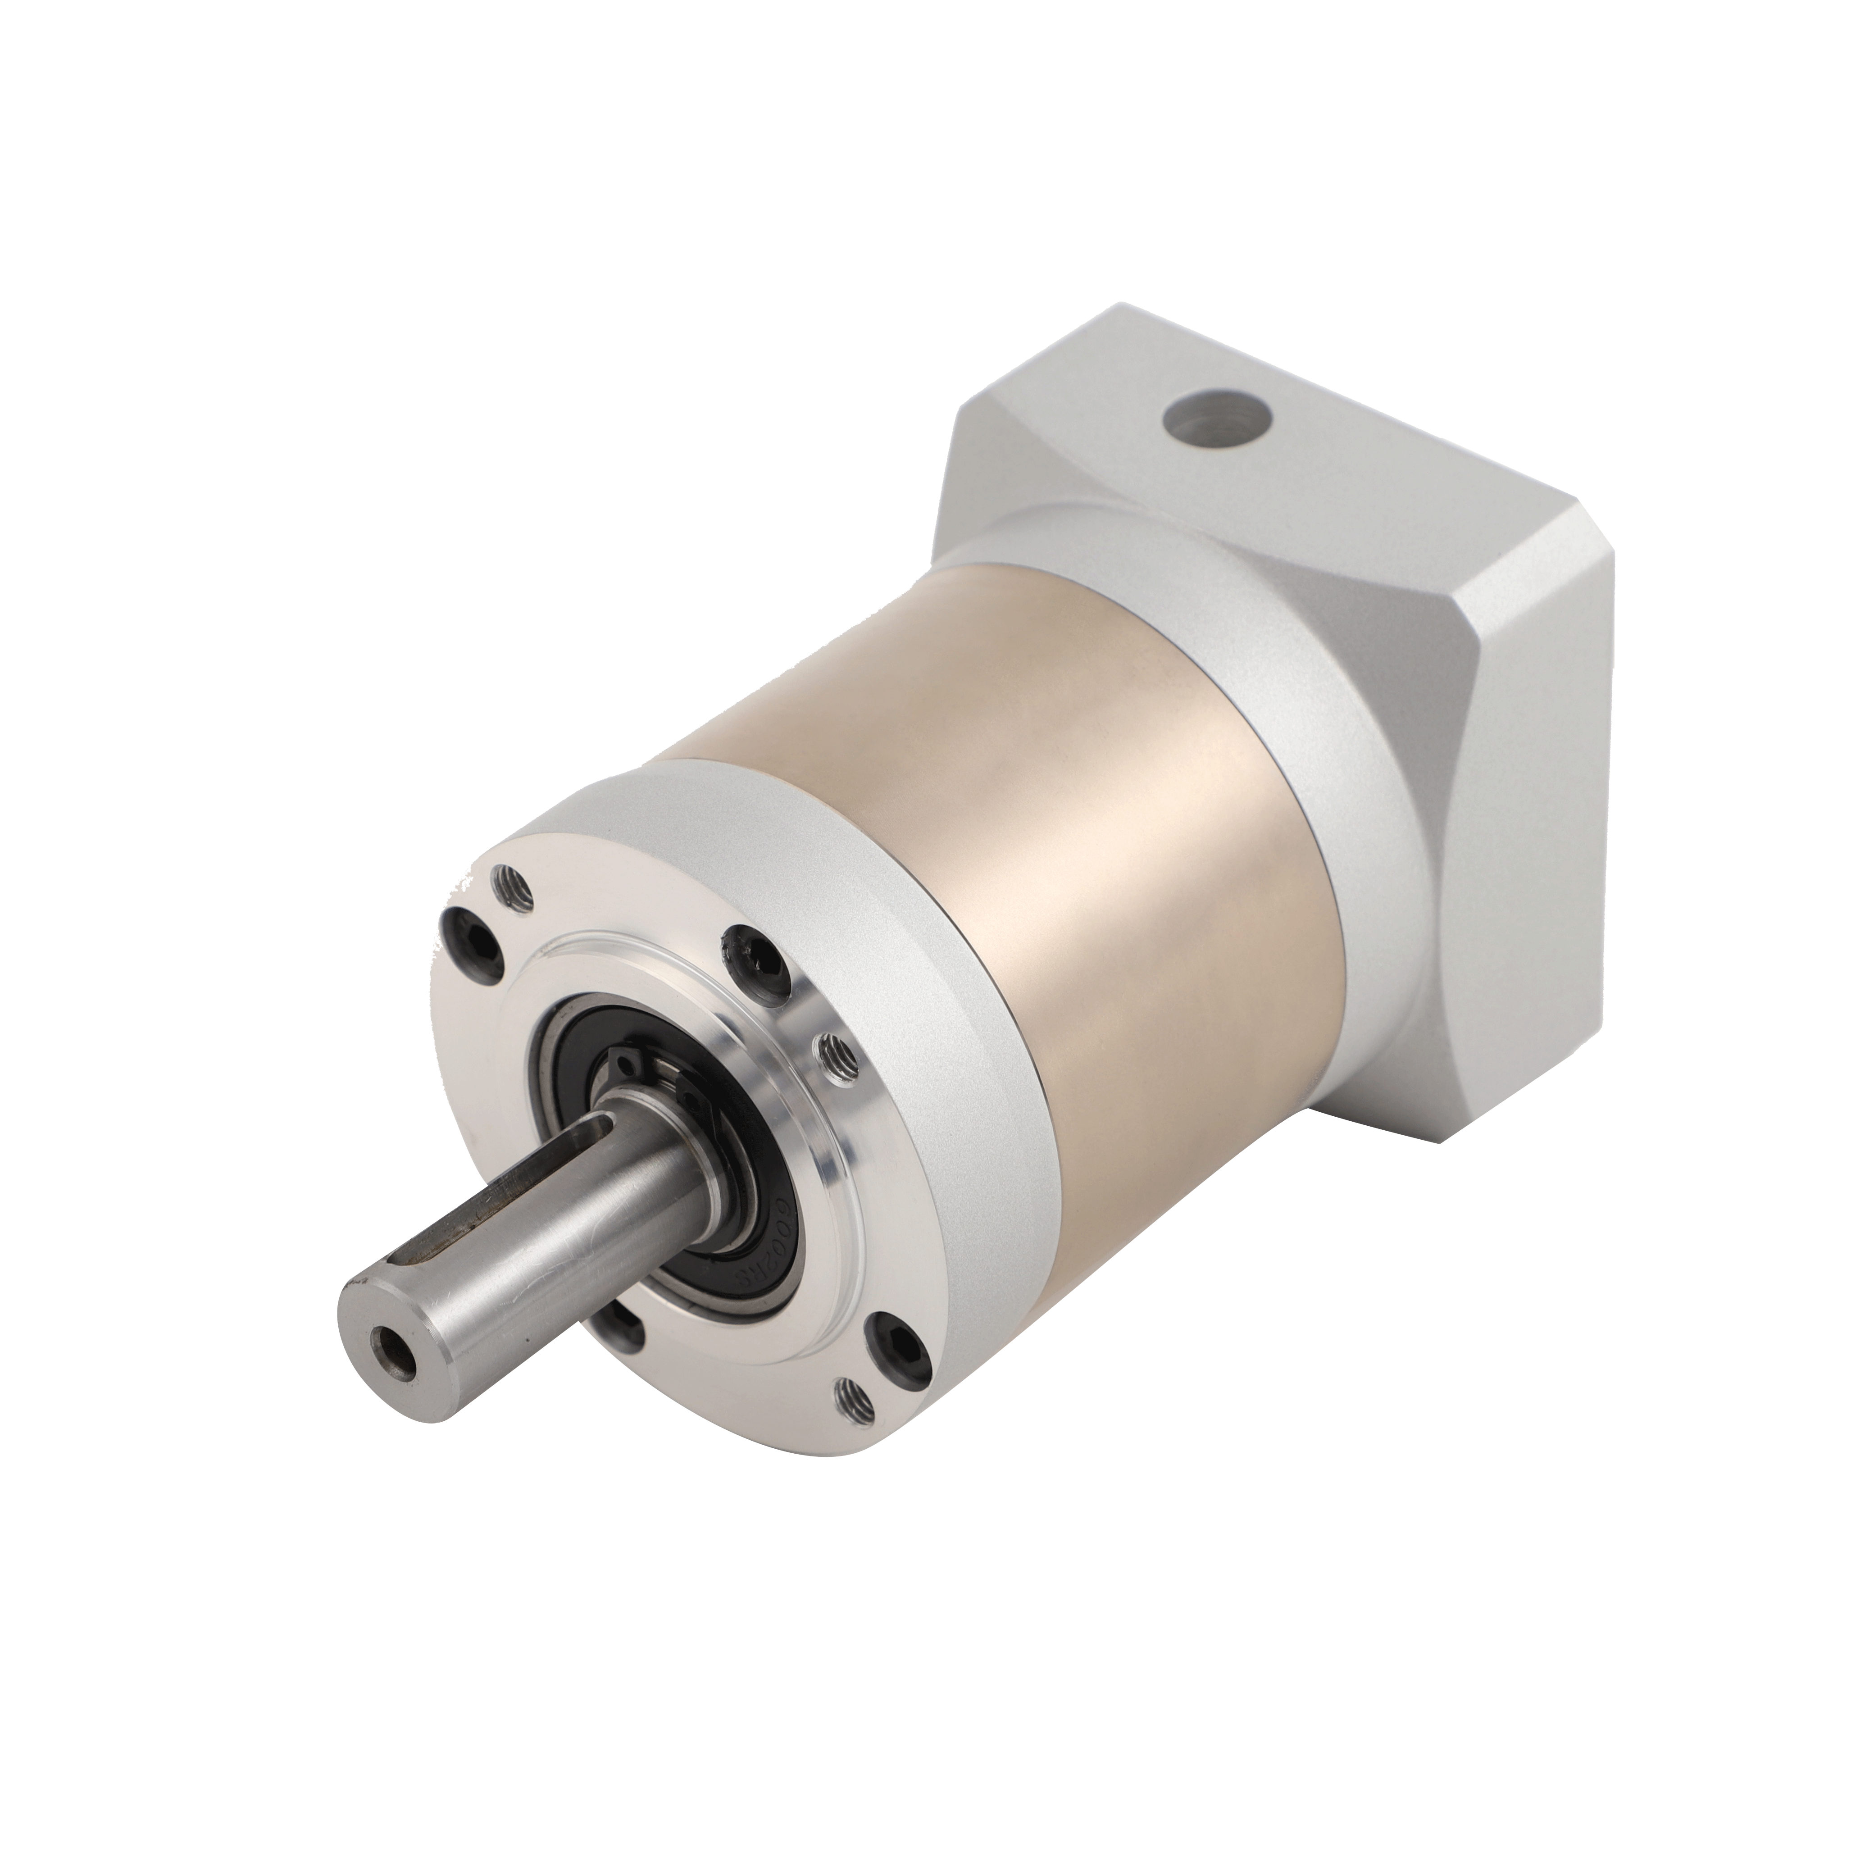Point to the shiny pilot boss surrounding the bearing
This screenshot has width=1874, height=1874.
coord(824,1164)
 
